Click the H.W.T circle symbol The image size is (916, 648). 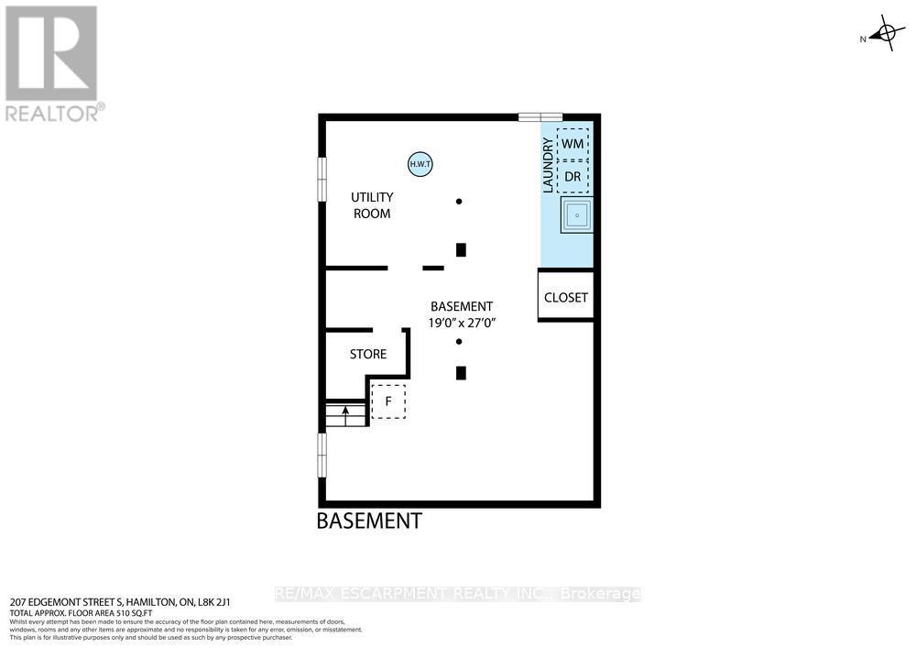click(420, 164)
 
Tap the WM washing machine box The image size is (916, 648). click(572, 144)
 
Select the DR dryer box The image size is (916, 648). click(572, 176)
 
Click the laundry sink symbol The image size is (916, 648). click(577, 214)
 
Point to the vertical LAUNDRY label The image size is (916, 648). click(548, 165)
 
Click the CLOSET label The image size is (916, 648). click(566, 298)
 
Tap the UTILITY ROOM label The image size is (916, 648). click(373, 205)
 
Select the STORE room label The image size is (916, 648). click(368, 354)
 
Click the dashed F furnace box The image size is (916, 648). click(388, 401)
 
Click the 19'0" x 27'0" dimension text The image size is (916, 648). click(463, 323)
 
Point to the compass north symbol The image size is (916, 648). click(884, 35)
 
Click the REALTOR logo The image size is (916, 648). click(52, 62)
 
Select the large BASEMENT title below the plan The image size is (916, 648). click(369, 522)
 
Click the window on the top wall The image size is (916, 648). click(540, 116)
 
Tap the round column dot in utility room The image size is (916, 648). click(459, 202)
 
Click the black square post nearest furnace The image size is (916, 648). click(461, 373)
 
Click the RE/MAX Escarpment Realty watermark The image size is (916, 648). click(458, 594)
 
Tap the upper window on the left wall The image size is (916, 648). click(322, 178)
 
